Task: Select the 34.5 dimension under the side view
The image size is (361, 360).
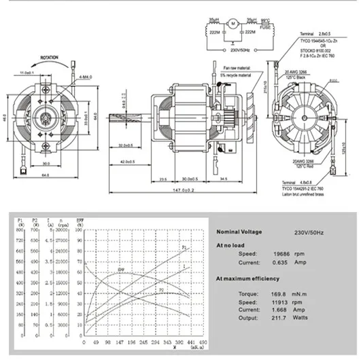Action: point(222,179)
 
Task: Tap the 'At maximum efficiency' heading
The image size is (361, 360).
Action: point(247,278)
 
